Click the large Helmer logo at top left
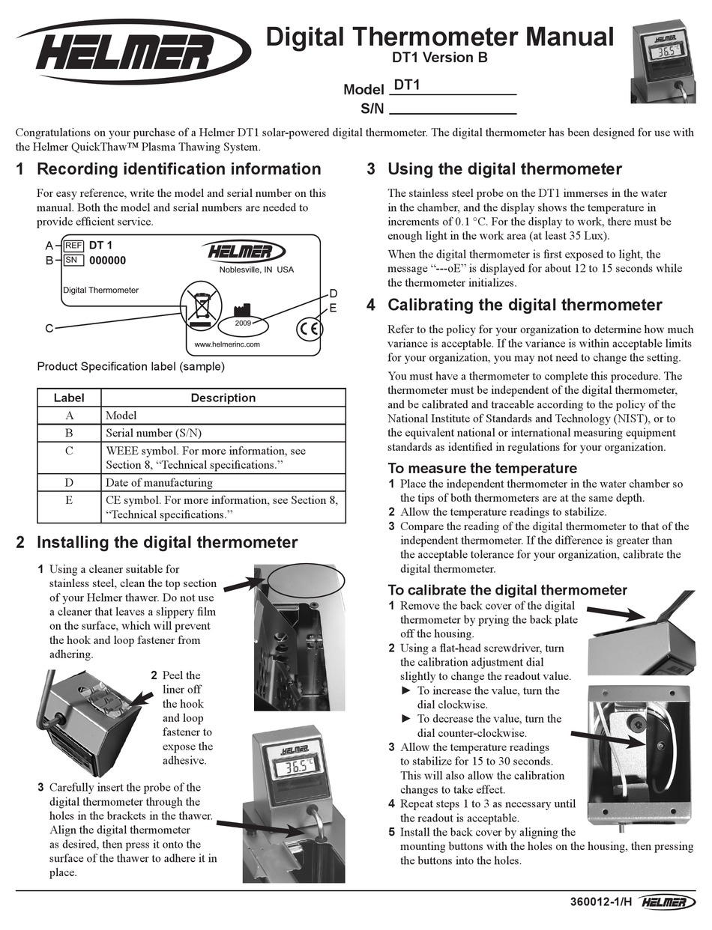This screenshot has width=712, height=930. tap(134, 52)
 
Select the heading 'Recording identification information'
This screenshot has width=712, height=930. tap(178, 169)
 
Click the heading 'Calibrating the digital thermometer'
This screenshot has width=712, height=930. tap(525, 305)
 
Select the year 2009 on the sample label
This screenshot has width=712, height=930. tap(243, 323)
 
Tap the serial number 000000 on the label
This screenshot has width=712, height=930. tap(107, 261)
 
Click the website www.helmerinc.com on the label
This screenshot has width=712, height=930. tap(226, 344)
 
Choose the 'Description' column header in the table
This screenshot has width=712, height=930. tap(223, 398)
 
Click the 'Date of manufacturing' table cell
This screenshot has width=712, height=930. tap(159, 483)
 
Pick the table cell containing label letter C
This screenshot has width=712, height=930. tap(69, 458)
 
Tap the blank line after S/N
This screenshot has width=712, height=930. tap(453, 109)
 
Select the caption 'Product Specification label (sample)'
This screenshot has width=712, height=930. tap(130, 367)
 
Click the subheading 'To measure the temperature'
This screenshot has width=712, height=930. tap(482, 469)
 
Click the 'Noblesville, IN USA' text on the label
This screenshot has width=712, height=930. tap(256, 270)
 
